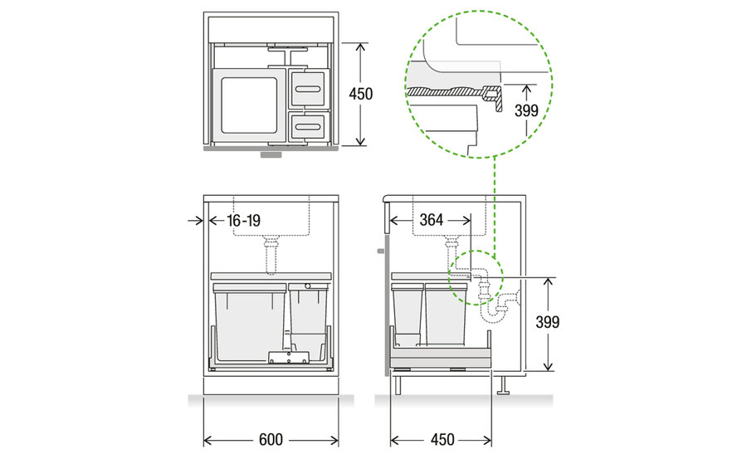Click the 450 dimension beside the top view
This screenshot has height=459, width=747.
tap(361, 94)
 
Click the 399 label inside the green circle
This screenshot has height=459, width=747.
tap(526, 110)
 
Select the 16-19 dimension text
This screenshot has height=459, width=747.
tap(243, 221)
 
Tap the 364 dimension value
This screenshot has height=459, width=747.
tap(432, 220)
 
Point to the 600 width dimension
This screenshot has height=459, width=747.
tap(271, 439)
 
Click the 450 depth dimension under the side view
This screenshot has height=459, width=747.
tap(442, 439)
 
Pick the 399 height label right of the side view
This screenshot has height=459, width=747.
tap(548, 322)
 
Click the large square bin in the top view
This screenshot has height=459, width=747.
tap(248, 105)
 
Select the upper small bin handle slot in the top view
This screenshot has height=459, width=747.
tap(310, 89)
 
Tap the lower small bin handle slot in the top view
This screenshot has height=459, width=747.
tap(310, 126)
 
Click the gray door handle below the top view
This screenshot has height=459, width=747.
tap(271, 154)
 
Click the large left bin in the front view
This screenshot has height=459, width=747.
tap(250, 323)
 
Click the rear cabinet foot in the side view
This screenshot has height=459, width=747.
tap(503, 384)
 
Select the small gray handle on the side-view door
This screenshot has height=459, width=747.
tap(381, 251)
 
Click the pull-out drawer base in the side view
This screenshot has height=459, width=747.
tap(441, 358)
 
